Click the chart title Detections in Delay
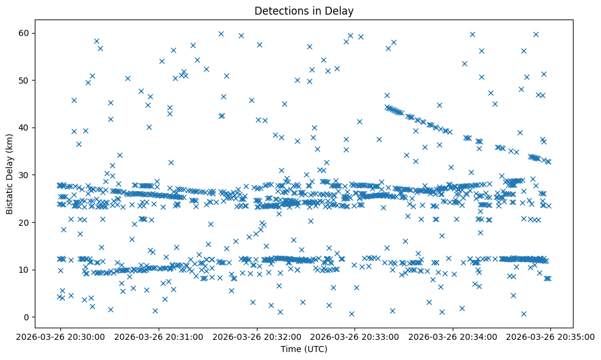pos(304,11)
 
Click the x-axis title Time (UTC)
pos(304,350)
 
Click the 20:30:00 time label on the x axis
pos(60,336)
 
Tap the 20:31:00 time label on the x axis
pos(158,336)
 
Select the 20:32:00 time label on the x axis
pos(256,336)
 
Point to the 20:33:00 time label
pos(354,336)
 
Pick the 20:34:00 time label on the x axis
pos(453,336)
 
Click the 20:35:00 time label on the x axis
pos(550,336)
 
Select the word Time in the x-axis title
pos(290,350)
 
